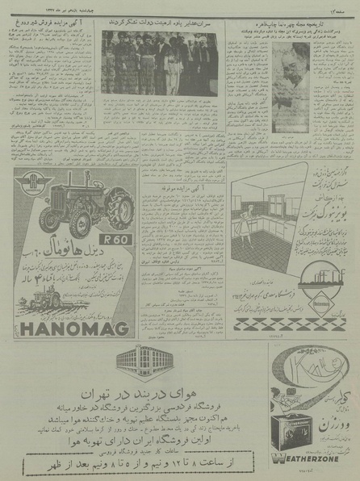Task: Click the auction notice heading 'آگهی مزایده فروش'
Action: point(50,23)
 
